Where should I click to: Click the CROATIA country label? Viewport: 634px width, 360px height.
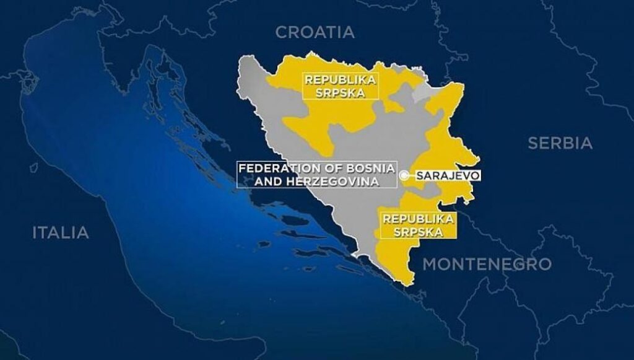tap(315, 32)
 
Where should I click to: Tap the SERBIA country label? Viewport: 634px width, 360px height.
tap(560, 143)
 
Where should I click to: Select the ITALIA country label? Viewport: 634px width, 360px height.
tap(61, 233)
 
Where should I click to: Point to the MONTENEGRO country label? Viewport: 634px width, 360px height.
tap(487, 264)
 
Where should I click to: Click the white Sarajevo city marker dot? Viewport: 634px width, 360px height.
tap(404, 176)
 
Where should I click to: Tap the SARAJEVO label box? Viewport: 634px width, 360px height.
tap(448, 176)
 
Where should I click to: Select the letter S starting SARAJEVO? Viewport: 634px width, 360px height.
tap(420, 176)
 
